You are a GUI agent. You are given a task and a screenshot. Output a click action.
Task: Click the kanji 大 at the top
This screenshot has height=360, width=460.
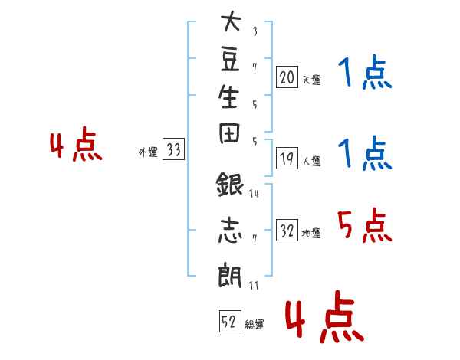pyautogui.click(x=232, y=21)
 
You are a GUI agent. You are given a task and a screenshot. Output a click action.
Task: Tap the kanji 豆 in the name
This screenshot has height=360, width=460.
pyautogui.click(x=230, y=59)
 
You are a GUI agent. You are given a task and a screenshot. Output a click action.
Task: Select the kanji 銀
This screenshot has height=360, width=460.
pyautogui.click(x=230, y=184)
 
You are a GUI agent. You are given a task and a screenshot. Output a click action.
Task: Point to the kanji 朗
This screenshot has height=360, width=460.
pyautogui.click(x=230, y=275)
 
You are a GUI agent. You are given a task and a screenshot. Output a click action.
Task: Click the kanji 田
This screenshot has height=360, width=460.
pyautogui.click(x=229, y=133)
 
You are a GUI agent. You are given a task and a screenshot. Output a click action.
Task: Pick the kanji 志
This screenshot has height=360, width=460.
pyautogui.click(x=230, y=230)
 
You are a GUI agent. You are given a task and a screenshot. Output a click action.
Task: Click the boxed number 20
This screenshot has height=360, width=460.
pyautogui.click(x=287, y=77)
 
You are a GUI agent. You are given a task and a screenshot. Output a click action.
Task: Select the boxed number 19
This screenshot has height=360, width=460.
pyautogui.click(x=287, y=159)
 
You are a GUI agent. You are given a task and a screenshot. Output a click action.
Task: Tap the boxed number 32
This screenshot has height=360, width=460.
pyautogui.click(x=287, y=230)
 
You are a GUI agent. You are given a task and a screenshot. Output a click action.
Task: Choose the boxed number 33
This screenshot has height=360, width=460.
pyautogui.click(x=173, y=149)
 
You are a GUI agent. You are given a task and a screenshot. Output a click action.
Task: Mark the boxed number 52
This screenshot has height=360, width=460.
pyautogui.click(x=230, y=321)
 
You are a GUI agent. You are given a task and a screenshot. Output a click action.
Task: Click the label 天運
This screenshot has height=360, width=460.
pyautogui.click(x=312, y=80)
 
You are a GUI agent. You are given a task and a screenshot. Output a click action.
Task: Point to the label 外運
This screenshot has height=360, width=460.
pyautogui.click(x=148, y=152)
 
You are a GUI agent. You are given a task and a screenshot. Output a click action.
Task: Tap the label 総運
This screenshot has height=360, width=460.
pyautogui.click(x=255, y=324)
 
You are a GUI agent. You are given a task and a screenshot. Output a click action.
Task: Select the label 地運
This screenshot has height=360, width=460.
pyautogui.click(x=311, y=234)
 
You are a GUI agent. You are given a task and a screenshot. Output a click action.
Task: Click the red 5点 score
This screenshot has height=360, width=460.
pyautogui.click(x=365, y=225)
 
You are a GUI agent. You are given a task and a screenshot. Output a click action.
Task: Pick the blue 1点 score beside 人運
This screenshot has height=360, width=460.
pyautogui.click(x=365, y=152)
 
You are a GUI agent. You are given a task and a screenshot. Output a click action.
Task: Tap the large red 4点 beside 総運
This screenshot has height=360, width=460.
pyautogui.click(x=324, y=316)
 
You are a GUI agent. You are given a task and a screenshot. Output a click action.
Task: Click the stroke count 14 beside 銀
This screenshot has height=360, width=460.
pyautogui.click(x=254, y=194)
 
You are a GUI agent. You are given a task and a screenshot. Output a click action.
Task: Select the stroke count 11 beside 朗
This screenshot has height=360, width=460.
pyautogui.click(x=254, y=286)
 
